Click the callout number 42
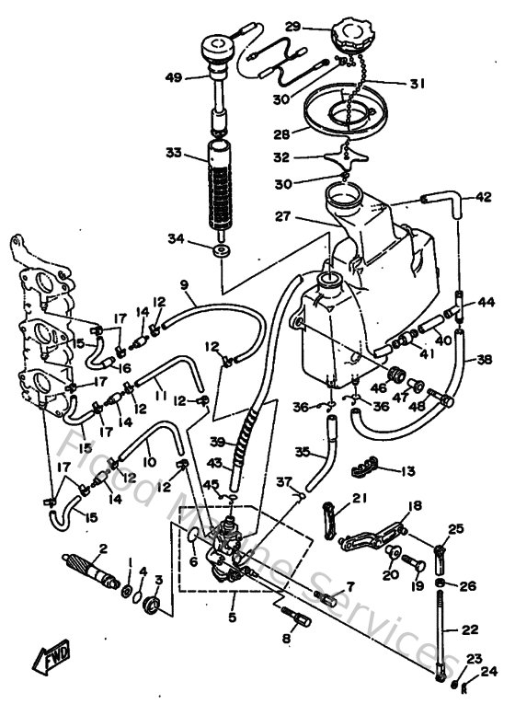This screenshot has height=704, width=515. pyautogui.click(x=484, y=196)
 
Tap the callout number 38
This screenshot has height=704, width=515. pyautogui.click(x=484, y=362)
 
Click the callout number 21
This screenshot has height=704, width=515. pyautogui.click(x=357, y=501)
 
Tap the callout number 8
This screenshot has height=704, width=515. pyautogui.click(x=286, y=637)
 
